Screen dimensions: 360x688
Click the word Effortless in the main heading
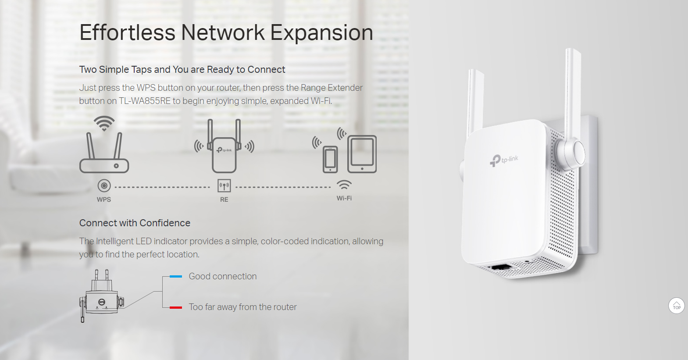[x=127, y=33]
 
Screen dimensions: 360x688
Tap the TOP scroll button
[x=676, y=306]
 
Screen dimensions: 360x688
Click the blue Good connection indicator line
[x=176, y=276]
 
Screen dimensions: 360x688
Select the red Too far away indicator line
[x=176, y=307]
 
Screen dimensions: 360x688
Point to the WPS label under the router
[x=104, y=200]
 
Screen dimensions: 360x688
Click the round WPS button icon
[x=104, y=186]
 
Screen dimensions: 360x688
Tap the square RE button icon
[x=224, y=186]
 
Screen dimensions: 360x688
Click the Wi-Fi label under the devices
[x=344, y=198]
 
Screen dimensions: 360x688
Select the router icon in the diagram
[x=104, y=153]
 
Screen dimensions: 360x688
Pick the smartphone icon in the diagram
[x=330, y=160]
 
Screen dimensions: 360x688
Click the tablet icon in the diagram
[x=362, y=154]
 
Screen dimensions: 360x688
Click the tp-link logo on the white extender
[x=504, y=160]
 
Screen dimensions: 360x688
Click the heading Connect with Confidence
[x=135, y=223]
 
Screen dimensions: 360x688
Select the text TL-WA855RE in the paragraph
[x=145, y=101]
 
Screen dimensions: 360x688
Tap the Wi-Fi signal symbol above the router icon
[x=104, y=123]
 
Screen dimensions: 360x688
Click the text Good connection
[x=223, y=276]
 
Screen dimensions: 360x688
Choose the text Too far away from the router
[x=242, y=307]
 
